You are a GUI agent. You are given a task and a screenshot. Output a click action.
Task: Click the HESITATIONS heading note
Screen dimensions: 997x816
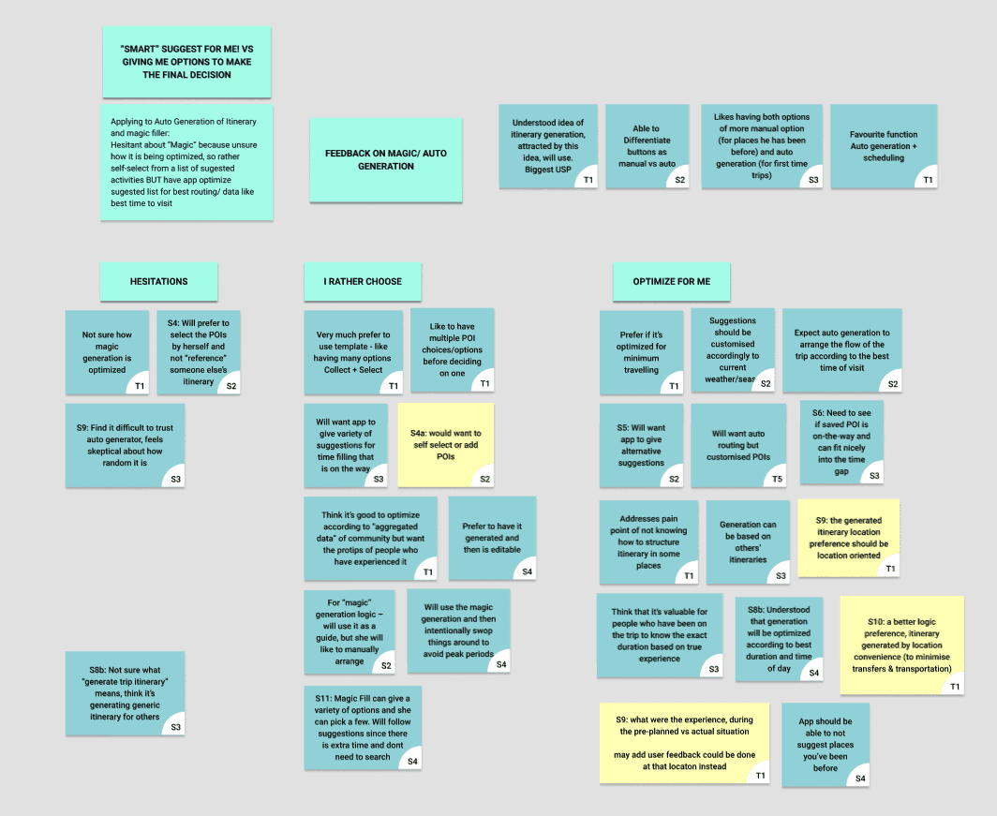coord(158,281)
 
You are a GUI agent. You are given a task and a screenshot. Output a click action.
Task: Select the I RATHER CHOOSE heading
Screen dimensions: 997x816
coord(363,281)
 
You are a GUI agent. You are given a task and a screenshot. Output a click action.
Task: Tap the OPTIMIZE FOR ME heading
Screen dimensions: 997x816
coord(671,281)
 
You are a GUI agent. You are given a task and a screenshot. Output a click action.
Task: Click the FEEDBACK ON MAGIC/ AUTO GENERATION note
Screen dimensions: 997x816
coord(386,159)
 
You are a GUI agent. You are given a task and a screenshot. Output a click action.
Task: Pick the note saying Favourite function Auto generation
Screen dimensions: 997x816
coord(883,145)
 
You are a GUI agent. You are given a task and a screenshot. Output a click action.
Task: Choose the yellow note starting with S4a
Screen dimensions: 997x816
coord(446,444)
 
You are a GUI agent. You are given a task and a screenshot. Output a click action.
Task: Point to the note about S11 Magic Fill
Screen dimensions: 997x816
coord(363,727)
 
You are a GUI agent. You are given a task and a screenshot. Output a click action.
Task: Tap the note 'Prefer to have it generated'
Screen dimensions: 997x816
coord(492,538)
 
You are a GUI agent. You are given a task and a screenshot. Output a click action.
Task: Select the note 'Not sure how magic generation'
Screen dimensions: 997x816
coord(107,352)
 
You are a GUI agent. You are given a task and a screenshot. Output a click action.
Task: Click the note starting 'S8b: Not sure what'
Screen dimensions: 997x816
coord(125,692)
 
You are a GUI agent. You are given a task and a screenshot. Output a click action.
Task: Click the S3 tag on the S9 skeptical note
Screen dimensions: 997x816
coord(174,479)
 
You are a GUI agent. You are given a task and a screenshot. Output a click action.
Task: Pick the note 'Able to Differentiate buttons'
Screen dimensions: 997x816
coord(647,145)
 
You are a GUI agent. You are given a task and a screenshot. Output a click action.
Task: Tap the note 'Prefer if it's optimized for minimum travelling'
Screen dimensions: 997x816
coord(643,352)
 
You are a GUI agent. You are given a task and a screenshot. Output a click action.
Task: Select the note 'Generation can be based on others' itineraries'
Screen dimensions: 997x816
coord(748,542)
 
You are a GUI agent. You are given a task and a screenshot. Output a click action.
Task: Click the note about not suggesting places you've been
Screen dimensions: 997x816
coord(825,744)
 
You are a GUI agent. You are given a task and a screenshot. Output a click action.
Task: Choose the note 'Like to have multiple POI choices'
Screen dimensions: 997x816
coord(452,349)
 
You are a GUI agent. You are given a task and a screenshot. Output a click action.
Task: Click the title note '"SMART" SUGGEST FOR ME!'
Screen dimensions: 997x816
coord(186,62)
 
